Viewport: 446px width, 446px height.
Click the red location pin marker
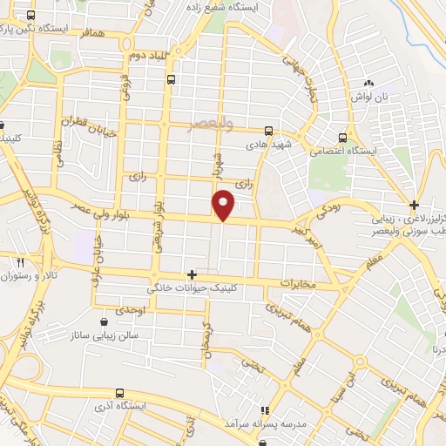coord(224,203)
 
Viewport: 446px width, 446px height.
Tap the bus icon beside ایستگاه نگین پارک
coord(32,17)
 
